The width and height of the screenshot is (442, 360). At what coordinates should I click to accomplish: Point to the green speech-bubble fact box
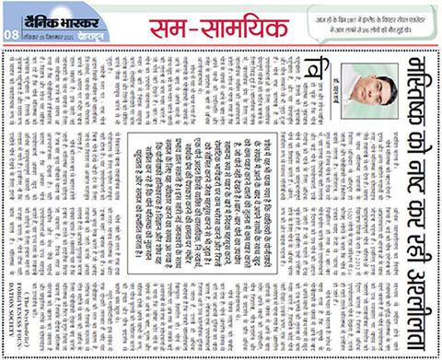(x=364, y=20)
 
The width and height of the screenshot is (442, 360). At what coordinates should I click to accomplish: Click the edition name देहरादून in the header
(x=91, y=32)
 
